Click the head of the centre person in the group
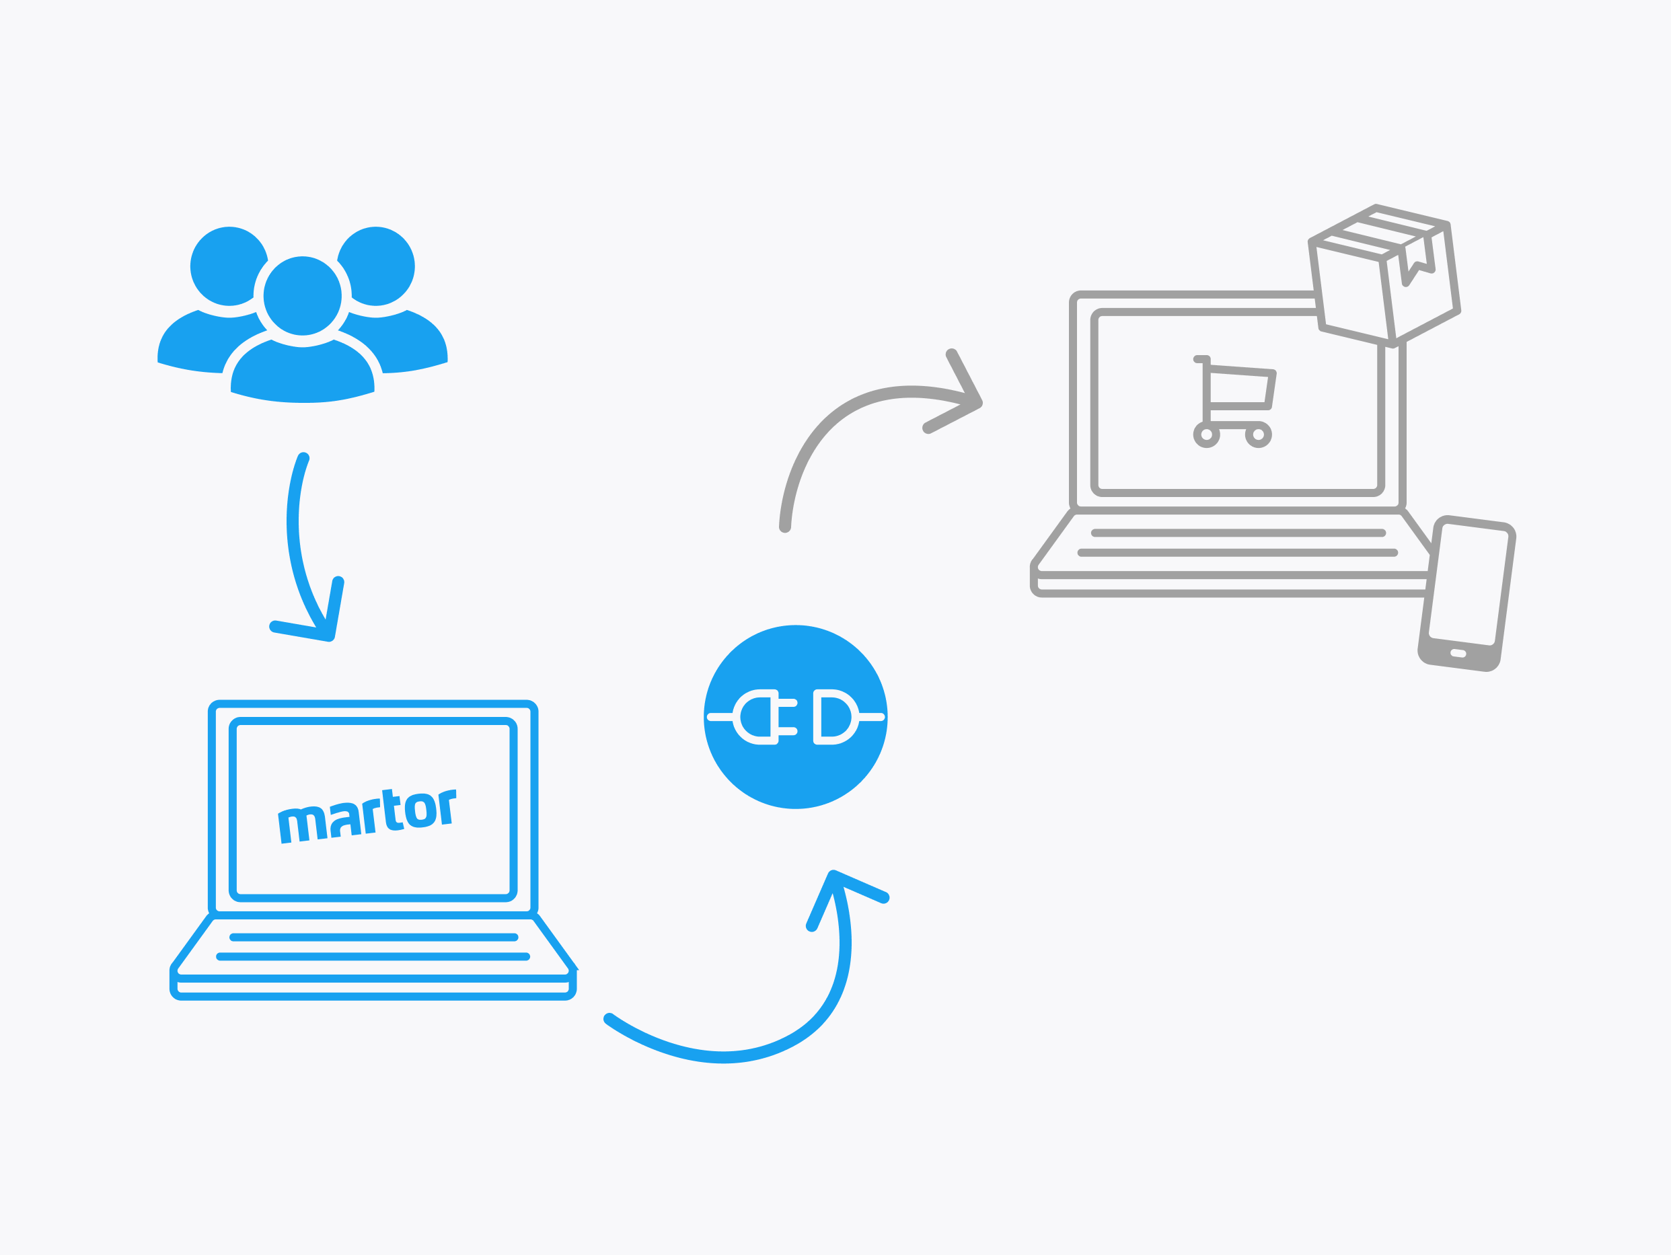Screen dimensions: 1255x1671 point(302,296)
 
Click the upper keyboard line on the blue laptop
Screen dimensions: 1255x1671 point(374,937)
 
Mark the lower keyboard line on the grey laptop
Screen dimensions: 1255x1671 point(1237,553)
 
